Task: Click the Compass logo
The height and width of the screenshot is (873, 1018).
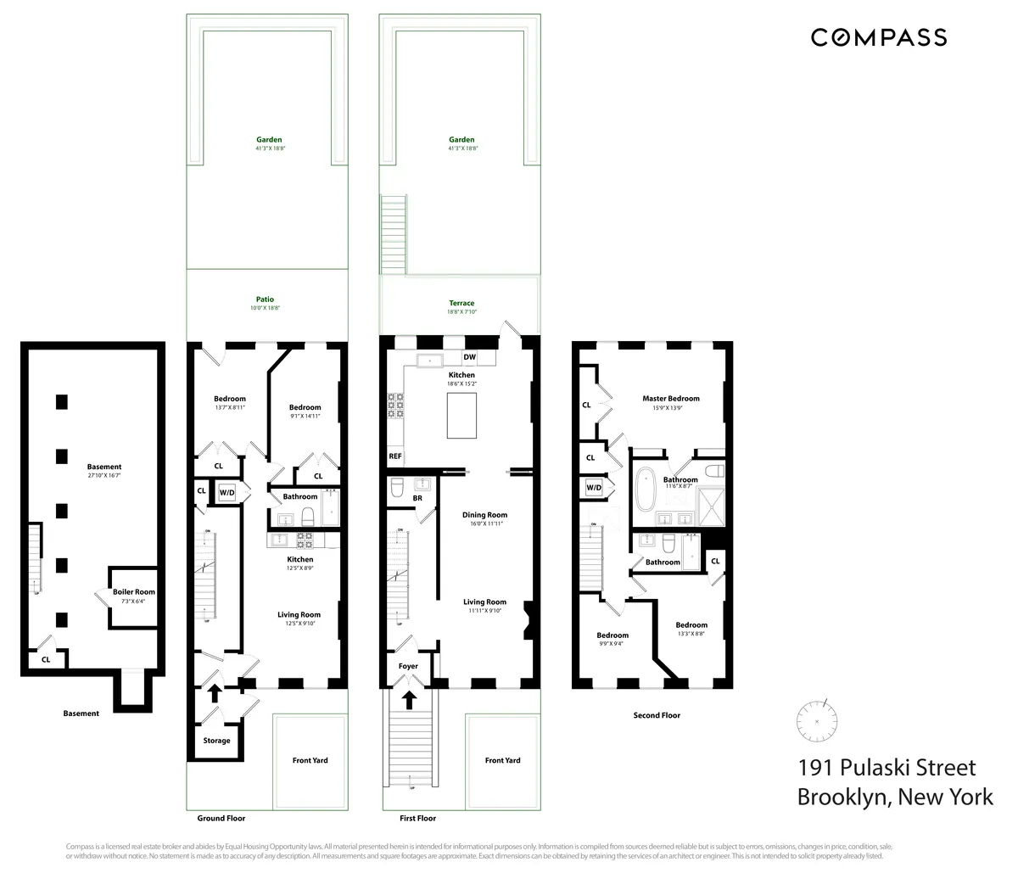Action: pyautogui.click(x=878, y=37)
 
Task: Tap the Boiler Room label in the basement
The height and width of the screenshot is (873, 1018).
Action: pyautogui.click(x=134, y=592)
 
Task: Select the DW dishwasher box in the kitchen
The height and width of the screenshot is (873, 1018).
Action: pyautogui.click(x=469, y=357)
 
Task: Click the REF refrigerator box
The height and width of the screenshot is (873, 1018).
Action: pyautogui.click(x=395, y=456)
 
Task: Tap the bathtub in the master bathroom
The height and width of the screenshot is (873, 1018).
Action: pyautogui.click(x=644, y=489)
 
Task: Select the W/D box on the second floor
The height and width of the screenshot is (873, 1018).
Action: pyautogui.click(x=594, y=488)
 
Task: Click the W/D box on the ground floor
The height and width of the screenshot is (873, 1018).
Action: pyautogui.click(x=227, y=492)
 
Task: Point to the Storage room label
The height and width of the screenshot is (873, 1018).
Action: pyautogui.click(x=216, y=741)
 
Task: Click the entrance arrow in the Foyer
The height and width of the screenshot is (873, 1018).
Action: pyautogui.click(x=409, y=699)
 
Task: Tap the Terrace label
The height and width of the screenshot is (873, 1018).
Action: pyautogui.click(x=462, y=303)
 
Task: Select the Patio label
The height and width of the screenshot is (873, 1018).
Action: pyautogui.click(x=265, y=299)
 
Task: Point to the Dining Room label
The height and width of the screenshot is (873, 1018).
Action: pyautogui.click(x=484, y=515)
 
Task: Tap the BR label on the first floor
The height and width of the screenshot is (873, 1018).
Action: pyautogui.click(x=417, y=498)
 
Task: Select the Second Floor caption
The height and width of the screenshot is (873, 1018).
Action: pyautogui.click(x=657, y=715)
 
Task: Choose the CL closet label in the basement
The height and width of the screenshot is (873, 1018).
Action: pyautogui.click(x=46, y=658)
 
